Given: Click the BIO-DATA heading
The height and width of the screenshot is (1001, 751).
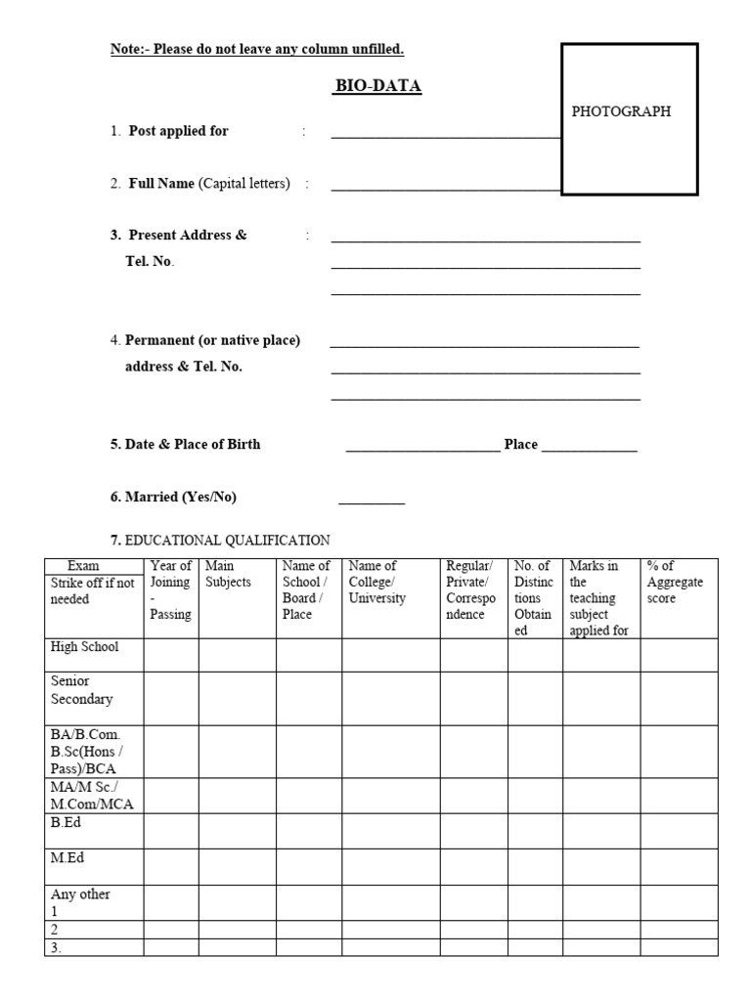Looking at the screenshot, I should pyautogui.click(x=378, y=86).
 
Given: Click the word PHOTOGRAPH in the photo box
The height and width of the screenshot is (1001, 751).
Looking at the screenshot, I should pyautogui.click(x=621, y=111).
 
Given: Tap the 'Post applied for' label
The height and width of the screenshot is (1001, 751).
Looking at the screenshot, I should pyautogui.click(x=178, y=131).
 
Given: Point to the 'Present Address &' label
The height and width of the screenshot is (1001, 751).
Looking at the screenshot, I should pyautogui.click(x=187, y=235).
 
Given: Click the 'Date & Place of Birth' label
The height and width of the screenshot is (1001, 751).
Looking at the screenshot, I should pyautogui.click(x=192, y=444).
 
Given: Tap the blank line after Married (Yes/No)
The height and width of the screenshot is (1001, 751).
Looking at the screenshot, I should pyautogui.click(x=372, y=501).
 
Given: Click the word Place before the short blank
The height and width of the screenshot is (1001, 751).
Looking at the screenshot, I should pyautogui.click(x=520, y=444).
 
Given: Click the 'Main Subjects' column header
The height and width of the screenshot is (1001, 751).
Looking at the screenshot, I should pyautogui.click(x=227, y=574).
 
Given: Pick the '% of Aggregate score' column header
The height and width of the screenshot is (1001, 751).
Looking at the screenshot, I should pyautogui.click(x=675, y=582).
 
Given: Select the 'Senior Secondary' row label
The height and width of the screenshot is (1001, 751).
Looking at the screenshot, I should pyautogui.click(x=81, y=689).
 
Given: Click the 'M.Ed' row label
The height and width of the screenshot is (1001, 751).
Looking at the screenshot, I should pyautogui.click(x=66, y=857).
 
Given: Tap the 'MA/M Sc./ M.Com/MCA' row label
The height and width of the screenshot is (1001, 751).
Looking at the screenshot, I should pyautogui.click(x=91, y=795).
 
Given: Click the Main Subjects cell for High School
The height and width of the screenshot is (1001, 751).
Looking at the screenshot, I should pyautogui.click(x=237, y=654).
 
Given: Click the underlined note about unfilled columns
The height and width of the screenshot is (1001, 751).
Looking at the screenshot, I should pyautogui.click(x=257, y=49).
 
